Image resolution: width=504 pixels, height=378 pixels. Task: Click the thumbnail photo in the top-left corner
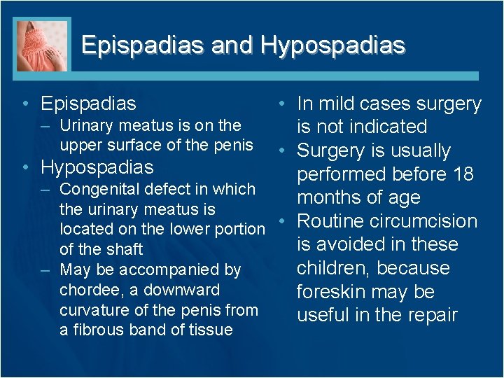[x=43, y=45]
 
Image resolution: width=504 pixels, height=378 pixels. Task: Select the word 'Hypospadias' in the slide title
[x=332, y=45]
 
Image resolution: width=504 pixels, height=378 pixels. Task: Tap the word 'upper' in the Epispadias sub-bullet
[x=80, y=146]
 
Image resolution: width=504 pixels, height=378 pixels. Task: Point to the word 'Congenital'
[x=99, y=189]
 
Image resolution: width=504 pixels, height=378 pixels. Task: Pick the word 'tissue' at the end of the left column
[x=210, y=330]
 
